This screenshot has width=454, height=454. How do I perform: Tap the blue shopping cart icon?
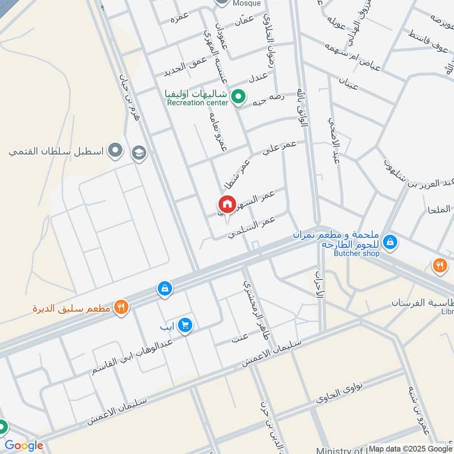tap(184, 325)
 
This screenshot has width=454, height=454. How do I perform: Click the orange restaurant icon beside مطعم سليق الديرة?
tap(121, 308)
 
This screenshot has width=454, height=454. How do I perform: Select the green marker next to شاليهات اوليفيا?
tap(239, 96)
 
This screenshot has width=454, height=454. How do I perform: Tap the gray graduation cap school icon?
tap(138, 153)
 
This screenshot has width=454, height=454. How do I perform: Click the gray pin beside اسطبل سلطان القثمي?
tap(116, 150)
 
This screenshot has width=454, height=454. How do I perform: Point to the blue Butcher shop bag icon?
tap(390, 243)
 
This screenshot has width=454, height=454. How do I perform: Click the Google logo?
tap(23, 445)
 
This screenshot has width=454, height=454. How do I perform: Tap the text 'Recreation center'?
tap(197, 103)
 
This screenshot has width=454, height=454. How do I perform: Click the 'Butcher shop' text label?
tap(356, 254)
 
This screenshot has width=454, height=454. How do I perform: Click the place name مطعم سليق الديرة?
tap(73, 309)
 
